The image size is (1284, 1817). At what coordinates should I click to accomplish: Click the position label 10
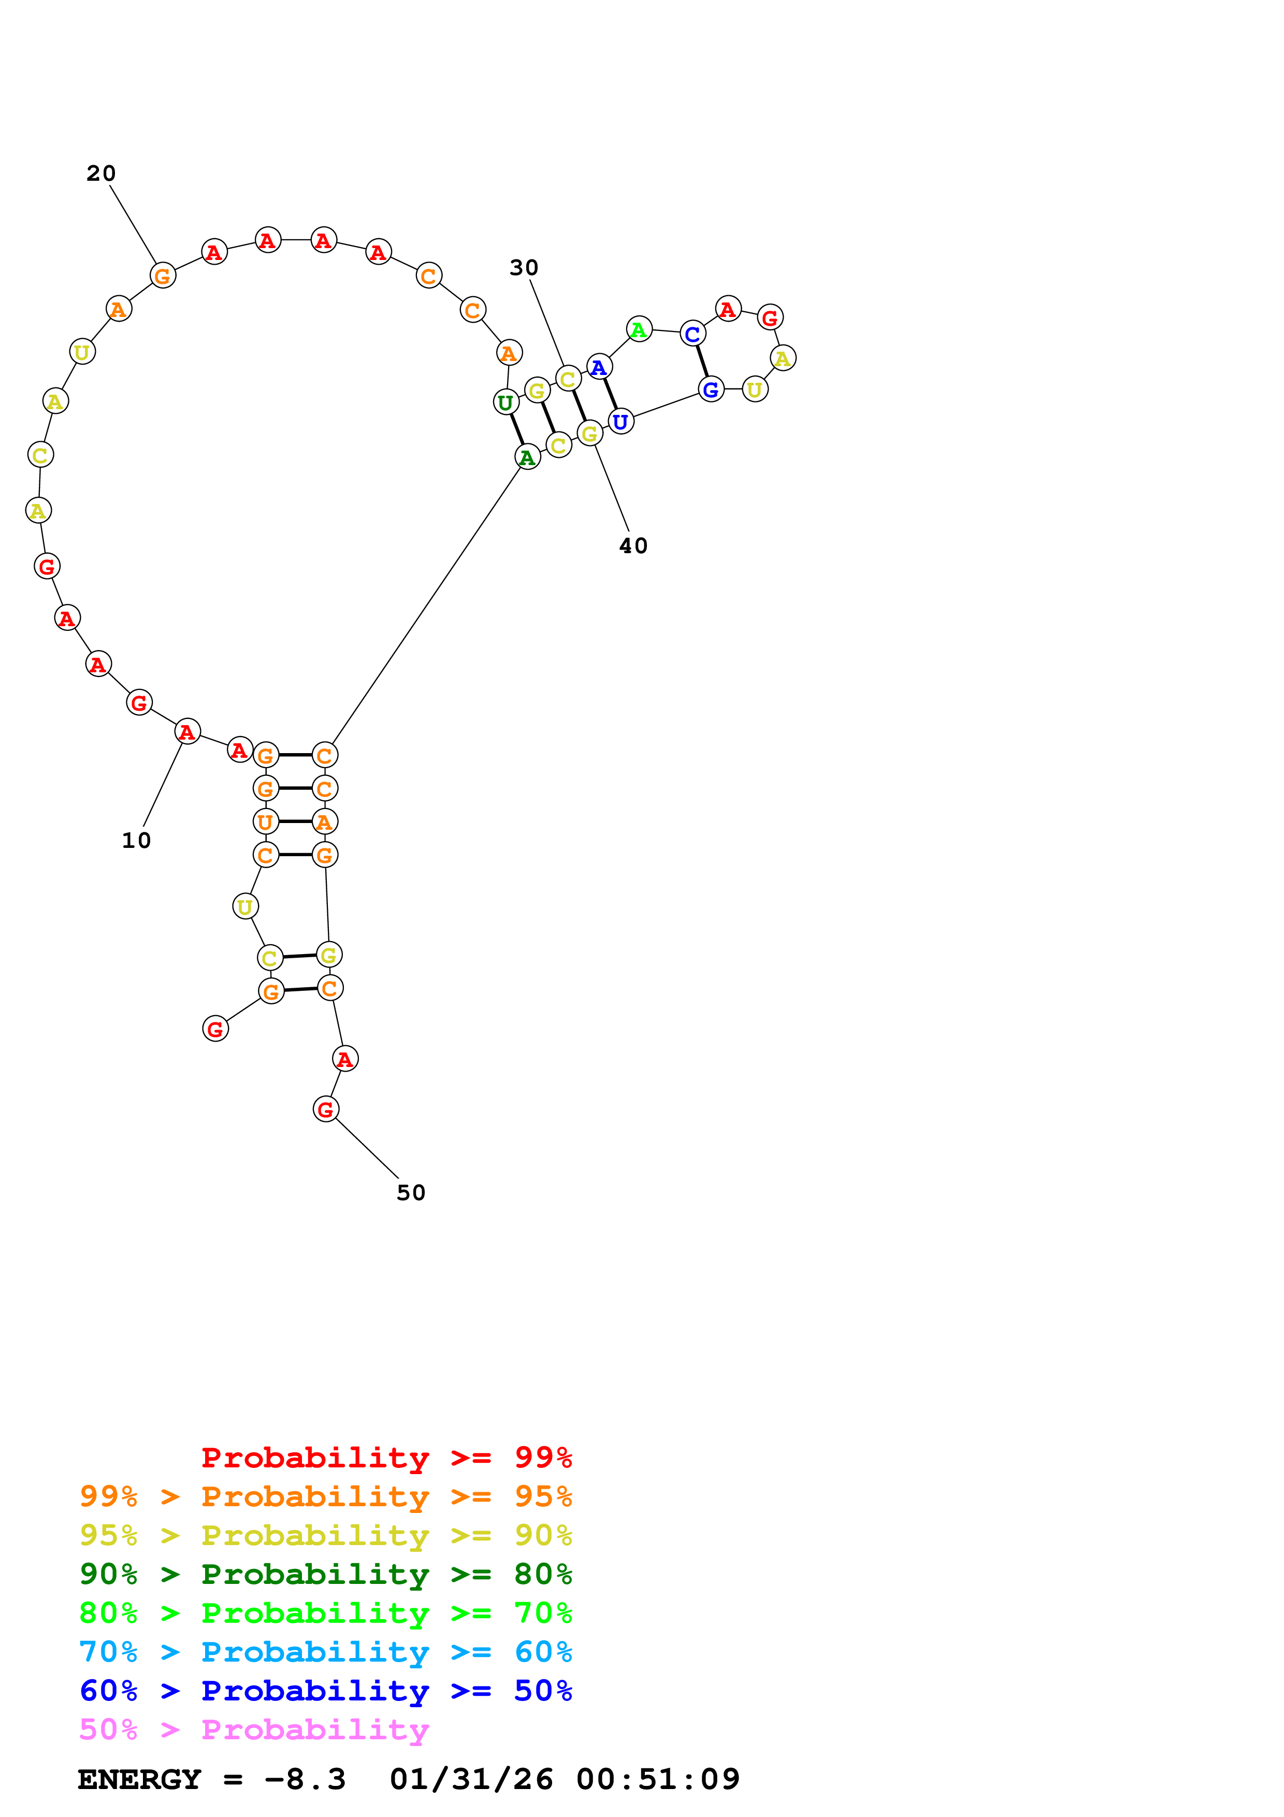(136, 841)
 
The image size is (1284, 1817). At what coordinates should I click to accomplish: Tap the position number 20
(102, 174)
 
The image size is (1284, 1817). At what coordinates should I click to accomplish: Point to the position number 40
(633, 546)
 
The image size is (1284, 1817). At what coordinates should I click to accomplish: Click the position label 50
(411, 1193)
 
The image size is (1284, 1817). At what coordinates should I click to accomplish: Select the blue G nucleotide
(711, 390)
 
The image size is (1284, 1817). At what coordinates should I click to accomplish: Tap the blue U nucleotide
(621, 422)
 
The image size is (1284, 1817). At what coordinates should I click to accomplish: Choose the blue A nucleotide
(599, 367)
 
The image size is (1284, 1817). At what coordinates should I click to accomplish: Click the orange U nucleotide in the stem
(266, 821)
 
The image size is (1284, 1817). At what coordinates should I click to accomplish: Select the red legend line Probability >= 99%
(386, 1457)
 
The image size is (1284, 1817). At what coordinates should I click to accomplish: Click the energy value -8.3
(305, 1779)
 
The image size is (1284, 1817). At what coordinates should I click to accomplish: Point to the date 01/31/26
(471, 1779)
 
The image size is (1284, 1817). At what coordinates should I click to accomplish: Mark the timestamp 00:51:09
(657, 1779)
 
